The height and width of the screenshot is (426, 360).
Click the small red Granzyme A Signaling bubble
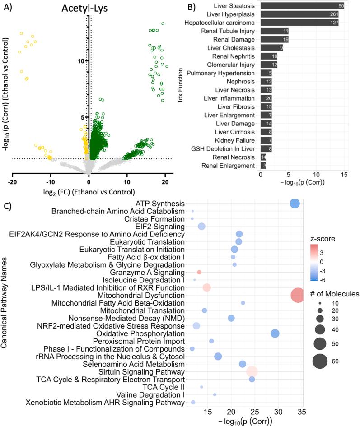tap(199, 272)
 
